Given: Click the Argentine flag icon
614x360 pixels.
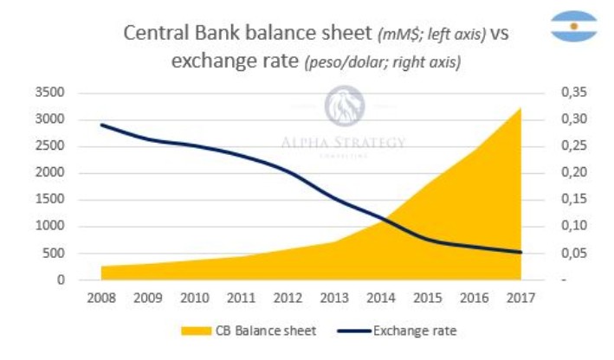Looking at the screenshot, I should click(573, 26).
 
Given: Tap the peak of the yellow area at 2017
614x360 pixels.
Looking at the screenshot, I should click(520, 109).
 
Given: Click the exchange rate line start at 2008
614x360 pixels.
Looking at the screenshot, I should click(101, 125).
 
